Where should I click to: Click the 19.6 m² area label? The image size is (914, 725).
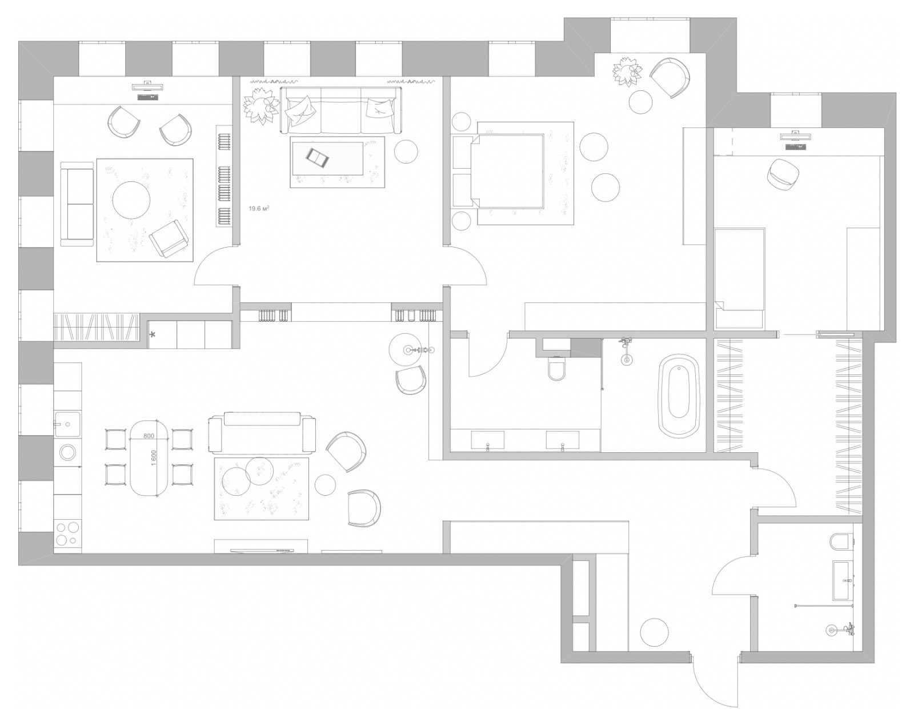(259, 208)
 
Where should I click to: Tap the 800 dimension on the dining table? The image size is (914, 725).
(149, 436)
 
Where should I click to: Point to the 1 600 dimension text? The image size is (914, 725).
(154, 458)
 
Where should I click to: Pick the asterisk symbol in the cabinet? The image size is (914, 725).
(153, 335)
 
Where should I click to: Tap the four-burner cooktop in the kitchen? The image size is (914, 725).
(67, 533)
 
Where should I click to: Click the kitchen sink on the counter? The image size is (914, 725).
(67, 424)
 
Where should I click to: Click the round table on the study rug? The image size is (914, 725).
(131, 200)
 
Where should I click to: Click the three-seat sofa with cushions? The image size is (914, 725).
(340, 110)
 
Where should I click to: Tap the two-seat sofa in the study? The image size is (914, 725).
(77, 204)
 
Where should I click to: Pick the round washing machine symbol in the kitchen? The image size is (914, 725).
(67, 452)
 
